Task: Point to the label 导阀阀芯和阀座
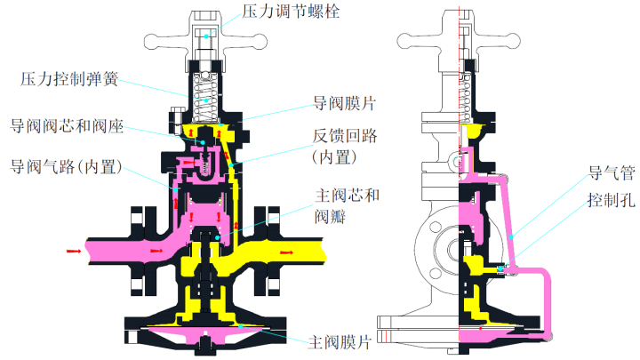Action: click(x=67, y=126)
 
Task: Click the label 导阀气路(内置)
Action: click(x=66, y=166)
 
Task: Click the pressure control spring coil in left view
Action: click(x=205, y=89)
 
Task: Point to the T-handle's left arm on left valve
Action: click(x=160, y=40)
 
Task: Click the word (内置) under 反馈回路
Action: click(x=334, y=156)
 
